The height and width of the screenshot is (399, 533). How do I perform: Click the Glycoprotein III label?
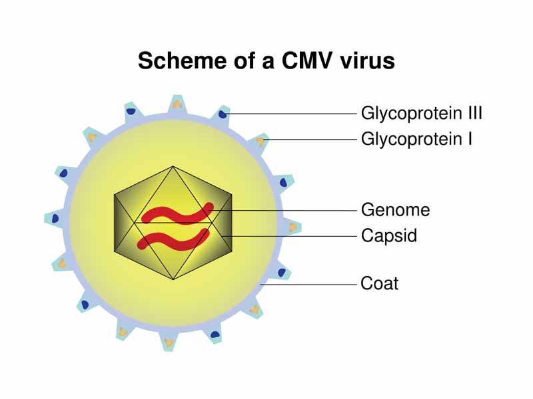pos(421,113)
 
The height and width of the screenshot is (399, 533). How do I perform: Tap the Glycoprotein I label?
pos(416,139)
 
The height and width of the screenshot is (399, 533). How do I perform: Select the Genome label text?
pos(395,210)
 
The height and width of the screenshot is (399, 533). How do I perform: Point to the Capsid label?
pos(389,235)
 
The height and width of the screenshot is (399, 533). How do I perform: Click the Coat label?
pos(379,283)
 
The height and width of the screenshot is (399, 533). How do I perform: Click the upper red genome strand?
pos(177,213)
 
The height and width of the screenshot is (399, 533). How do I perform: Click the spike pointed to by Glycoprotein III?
pos(222,115)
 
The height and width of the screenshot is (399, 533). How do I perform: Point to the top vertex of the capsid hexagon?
pos(173,166)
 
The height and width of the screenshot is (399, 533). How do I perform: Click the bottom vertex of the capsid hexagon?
pos(173,280)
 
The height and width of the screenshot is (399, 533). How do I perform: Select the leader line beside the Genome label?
pos(286,210)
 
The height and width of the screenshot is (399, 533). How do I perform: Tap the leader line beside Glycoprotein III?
pos(293,114)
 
